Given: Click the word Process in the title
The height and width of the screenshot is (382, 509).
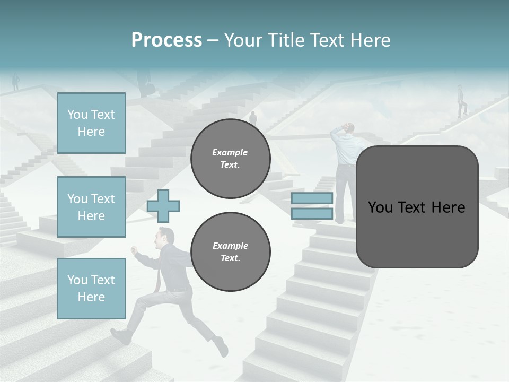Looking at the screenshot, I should click(x=166, y=40).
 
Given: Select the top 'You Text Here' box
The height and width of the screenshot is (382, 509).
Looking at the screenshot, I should click(x=91, y=123).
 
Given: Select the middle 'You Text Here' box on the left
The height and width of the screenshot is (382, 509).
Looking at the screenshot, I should click(x=91, y=207).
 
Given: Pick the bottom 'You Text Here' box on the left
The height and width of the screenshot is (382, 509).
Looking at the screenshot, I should click(x=91, y=288).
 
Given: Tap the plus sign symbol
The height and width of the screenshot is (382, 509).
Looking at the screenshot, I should click(x=163, y=206).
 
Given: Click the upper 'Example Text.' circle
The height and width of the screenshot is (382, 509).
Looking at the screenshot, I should click(x=230, y=159).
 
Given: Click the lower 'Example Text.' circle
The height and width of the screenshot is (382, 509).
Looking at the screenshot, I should click(x=230, y=252).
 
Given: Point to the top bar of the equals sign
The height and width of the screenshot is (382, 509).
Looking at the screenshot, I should click(x=312, y=198).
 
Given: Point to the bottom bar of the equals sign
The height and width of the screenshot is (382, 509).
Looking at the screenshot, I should click(x=312, y=213).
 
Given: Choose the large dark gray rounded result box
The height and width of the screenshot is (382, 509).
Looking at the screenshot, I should click(x=417, y=207).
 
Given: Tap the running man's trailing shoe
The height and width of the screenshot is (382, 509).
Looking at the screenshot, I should click(x=221, y=347).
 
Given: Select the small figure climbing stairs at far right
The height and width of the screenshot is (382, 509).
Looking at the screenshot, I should click(x=462, y=101).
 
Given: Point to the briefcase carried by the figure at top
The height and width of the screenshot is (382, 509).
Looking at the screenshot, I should click(x=150, y=89).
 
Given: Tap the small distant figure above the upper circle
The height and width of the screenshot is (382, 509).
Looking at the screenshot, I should click(x=253, y=118).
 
